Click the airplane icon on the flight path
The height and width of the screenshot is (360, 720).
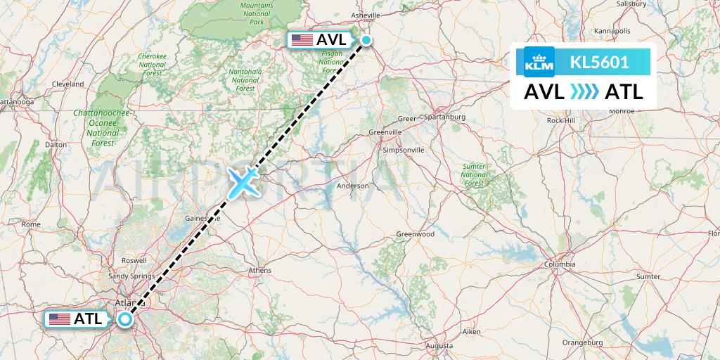pos(242,182)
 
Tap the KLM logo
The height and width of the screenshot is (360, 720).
pos(539,62)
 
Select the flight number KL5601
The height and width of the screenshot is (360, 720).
pos(599,62)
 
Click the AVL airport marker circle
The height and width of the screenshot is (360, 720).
pos(366,40)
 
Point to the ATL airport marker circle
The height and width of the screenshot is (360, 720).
pos(125,319)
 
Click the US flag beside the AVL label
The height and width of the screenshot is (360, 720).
pos(302,40)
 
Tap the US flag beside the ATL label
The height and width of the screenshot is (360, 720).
pos(60,319)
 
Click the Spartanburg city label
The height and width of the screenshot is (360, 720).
pos(446,117)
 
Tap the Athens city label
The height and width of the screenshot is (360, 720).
pos(260,270)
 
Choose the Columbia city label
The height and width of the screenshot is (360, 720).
pos(560,264)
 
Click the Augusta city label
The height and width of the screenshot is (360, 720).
pos(439,346)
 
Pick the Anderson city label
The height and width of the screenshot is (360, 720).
pos(353,186)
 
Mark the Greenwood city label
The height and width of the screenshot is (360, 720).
pos(416,234)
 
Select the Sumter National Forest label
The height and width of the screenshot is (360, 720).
pos(475,174)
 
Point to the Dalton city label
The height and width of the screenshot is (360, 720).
pos(56,144)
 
